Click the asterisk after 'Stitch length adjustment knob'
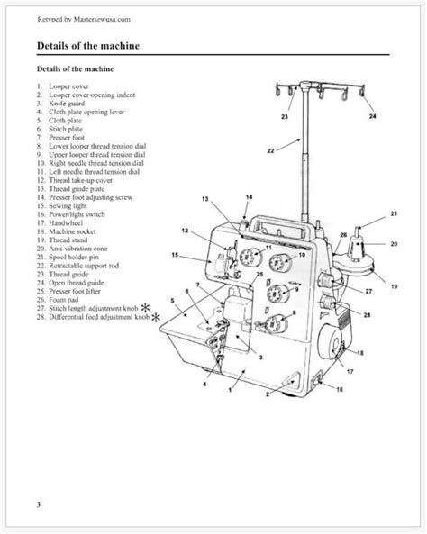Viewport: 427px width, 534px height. pyautogui.click(x=158, y=309)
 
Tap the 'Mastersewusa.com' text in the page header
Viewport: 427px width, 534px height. pyautogui.click(x=91, y=18)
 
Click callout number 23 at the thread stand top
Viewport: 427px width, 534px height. pyautogui.click(x=285, y=118)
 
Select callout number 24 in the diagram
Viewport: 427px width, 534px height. pyautogui.click(x=371, y=117)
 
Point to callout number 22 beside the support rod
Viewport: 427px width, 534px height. pyautogui.click(x=270, y=151)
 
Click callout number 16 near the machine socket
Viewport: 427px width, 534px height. pyautogui.click(x=340, y=389)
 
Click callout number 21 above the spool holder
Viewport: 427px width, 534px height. pyautogui.click(x=393, y=213)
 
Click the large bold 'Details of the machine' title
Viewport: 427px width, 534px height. pyautogui.click(x=99, y=44)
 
